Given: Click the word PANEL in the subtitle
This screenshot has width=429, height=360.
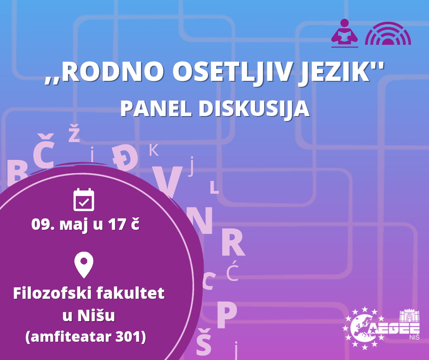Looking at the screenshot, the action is click(x=156, y=108).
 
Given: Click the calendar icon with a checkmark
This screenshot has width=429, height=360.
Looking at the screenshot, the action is click(x=84, y=200).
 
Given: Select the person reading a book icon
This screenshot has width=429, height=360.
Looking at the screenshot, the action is click(x=345, y=33).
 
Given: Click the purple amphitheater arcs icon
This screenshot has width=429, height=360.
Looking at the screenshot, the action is click(x=388, y=33).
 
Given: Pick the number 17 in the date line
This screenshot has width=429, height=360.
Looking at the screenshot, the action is click(x=117, y=224).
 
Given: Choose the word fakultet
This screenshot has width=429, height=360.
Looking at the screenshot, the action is click(x=131, y=293).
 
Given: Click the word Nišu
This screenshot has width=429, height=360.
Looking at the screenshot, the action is click(x=96, y=315).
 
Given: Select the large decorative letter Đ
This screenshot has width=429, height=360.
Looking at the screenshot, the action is click(x=125, y=158).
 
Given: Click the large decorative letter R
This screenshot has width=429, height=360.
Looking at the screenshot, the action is click(x=233, y=242).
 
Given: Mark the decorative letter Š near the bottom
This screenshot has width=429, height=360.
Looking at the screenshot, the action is click(x=204, y=341).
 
